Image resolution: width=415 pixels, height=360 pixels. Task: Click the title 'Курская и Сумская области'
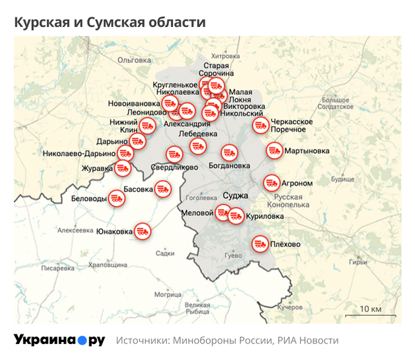coord(110,22)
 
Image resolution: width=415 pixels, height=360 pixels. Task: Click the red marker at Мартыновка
coord(274,150)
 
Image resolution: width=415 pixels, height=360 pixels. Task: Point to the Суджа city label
coord(236,196)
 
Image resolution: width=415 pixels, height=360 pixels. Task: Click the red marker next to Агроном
coord(271,183)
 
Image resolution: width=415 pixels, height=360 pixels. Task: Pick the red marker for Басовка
coord(163,188)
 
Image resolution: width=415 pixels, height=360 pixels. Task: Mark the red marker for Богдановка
coord(229,152)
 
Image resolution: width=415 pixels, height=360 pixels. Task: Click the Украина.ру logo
coord(59,340)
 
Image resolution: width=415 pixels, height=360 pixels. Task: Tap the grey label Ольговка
coord(133,60)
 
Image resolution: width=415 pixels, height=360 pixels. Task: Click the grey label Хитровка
coord(225,55)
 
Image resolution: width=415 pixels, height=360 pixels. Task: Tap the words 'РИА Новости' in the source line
coord(307,341)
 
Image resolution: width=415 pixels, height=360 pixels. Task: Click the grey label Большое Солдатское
coord(337,103)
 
